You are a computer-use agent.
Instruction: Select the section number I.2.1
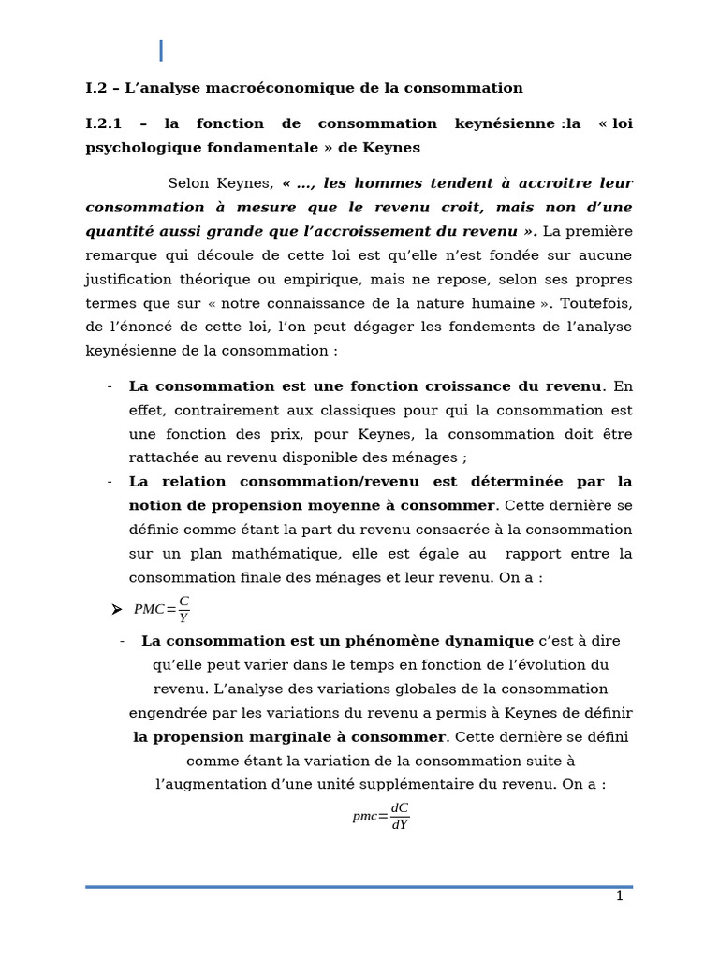point(104,123)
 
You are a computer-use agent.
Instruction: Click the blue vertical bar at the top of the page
point(161,51)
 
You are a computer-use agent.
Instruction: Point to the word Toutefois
point(596,303)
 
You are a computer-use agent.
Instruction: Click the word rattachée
point(166,457)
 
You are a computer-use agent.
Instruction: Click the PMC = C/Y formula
point(162,609)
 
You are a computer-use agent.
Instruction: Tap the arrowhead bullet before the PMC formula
point(116,610)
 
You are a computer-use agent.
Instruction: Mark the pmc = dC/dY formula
point(381,816)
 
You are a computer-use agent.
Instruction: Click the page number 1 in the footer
point(619,896)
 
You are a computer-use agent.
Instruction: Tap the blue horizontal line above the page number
point(359,886)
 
